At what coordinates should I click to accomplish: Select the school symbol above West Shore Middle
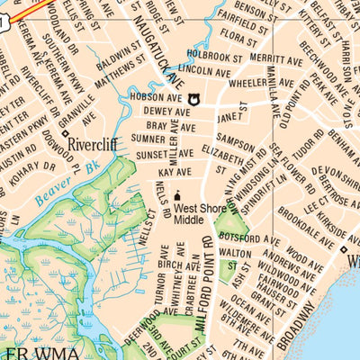tap(178, 195)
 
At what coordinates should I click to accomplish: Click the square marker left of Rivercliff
tap(65, 134)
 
